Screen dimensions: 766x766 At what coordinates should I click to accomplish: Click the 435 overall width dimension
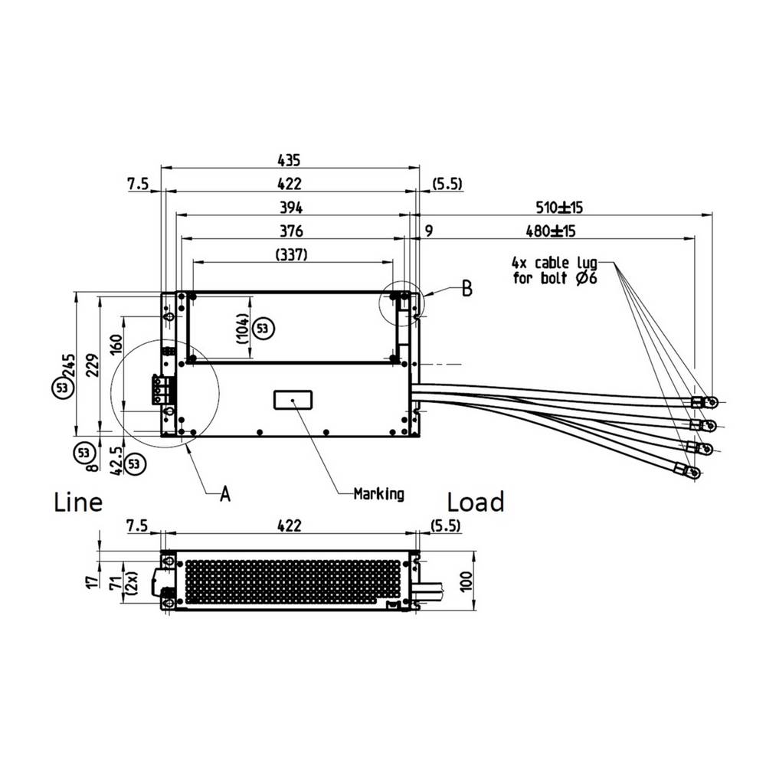290,160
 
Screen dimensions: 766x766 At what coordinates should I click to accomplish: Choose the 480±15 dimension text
551,231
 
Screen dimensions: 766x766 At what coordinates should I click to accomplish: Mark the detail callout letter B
466,290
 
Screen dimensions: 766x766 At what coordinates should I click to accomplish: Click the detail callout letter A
224,494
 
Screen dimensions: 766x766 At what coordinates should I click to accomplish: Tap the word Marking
378,494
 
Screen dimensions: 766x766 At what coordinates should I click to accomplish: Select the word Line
78,502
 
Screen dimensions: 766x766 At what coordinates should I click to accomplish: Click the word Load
476,502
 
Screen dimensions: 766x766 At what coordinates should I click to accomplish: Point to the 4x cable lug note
555,270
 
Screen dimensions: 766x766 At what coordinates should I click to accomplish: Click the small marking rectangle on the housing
293,399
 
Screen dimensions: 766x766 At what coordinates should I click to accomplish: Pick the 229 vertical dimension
92,365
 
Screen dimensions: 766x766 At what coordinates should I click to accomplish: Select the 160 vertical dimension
116,342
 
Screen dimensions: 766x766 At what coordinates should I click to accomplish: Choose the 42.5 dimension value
116,459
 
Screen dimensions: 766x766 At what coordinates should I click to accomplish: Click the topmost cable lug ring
711,401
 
